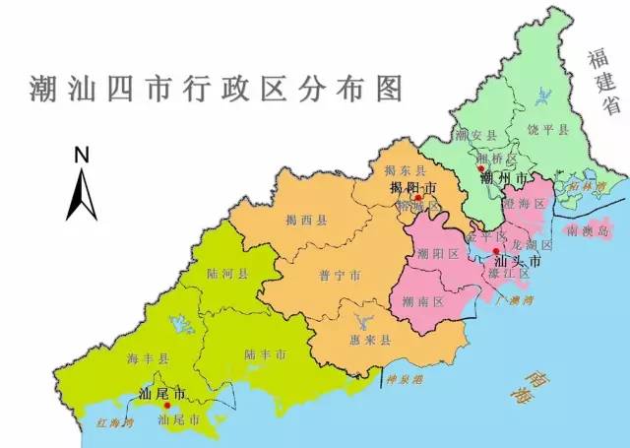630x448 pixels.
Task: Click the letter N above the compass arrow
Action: [x=82, y=154]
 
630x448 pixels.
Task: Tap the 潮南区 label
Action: [x=426, y=301]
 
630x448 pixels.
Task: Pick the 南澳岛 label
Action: [x=589, y=231]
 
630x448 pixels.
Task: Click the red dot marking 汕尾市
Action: [x=167, y=405]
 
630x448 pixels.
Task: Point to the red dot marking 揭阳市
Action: [x=418, y=198]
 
